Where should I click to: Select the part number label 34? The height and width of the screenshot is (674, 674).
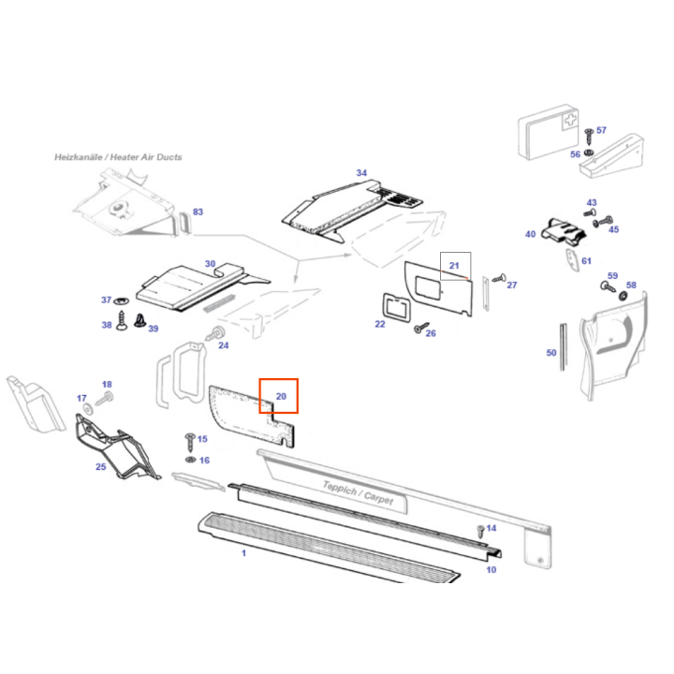coord(361,173)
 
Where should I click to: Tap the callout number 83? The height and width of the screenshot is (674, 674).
coord(198,212)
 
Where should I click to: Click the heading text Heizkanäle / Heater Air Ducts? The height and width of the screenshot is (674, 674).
coord(118,157)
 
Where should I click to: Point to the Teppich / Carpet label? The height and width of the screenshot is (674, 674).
coord(358,492)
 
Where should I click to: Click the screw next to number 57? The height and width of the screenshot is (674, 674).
coord(589,136)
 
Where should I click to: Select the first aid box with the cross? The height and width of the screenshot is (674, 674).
coord(548,132)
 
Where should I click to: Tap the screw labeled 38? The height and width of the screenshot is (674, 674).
coord(122,321)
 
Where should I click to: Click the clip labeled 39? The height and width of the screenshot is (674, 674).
coord(139,321)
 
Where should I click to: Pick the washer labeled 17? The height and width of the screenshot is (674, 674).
coord(88,409)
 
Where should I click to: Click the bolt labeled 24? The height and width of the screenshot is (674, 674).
coord(215,333)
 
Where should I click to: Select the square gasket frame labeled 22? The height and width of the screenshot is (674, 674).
coord(396,308)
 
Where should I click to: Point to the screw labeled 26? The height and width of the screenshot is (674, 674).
coord(421,328)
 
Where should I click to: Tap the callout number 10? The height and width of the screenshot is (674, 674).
coord(491,569)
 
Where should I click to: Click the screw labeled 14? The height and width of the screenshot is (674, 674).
coord(481,532)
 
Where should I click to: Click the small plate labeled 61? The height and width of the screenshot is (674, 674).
coord(572,260)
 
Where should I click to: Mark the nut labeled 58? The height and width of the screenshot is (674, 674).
coord(623,296)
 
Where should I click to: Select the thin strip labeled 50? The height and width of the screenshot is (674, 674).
coord(563,347)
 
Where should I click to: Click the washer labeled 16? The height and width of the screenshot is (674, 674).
coord(190,460)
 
